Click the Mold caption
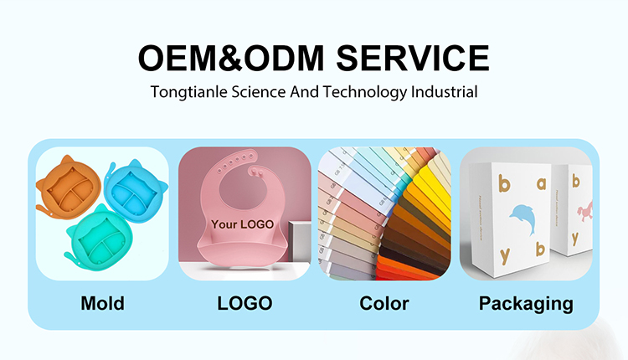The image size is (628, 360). (x=102, y=303)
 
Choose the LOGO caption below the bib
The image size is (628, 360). (x=245, y=303)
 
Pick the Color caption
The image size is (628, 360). (x=384, y=303)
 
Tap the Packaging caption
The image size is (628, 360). (x=526, y=303)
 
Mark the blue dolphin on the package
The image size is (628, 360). (x=521, y=219)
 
